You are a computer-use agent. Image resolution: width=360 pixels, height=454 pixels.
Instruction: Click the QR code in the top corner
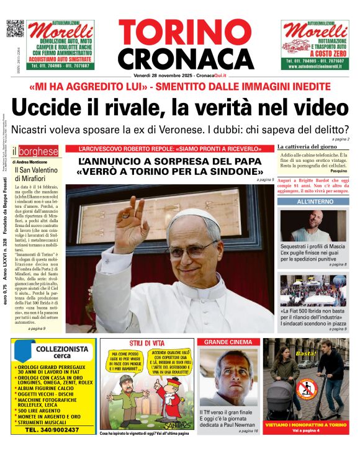click(x=15, y=29)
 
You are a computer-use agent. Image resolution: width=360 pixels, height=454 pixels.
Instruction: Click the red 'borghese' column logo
click(x=38, y=151)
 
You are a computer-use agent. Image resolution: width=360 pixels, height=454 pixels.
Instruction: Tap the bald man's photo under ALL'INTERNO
click(x=313, y=225)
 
